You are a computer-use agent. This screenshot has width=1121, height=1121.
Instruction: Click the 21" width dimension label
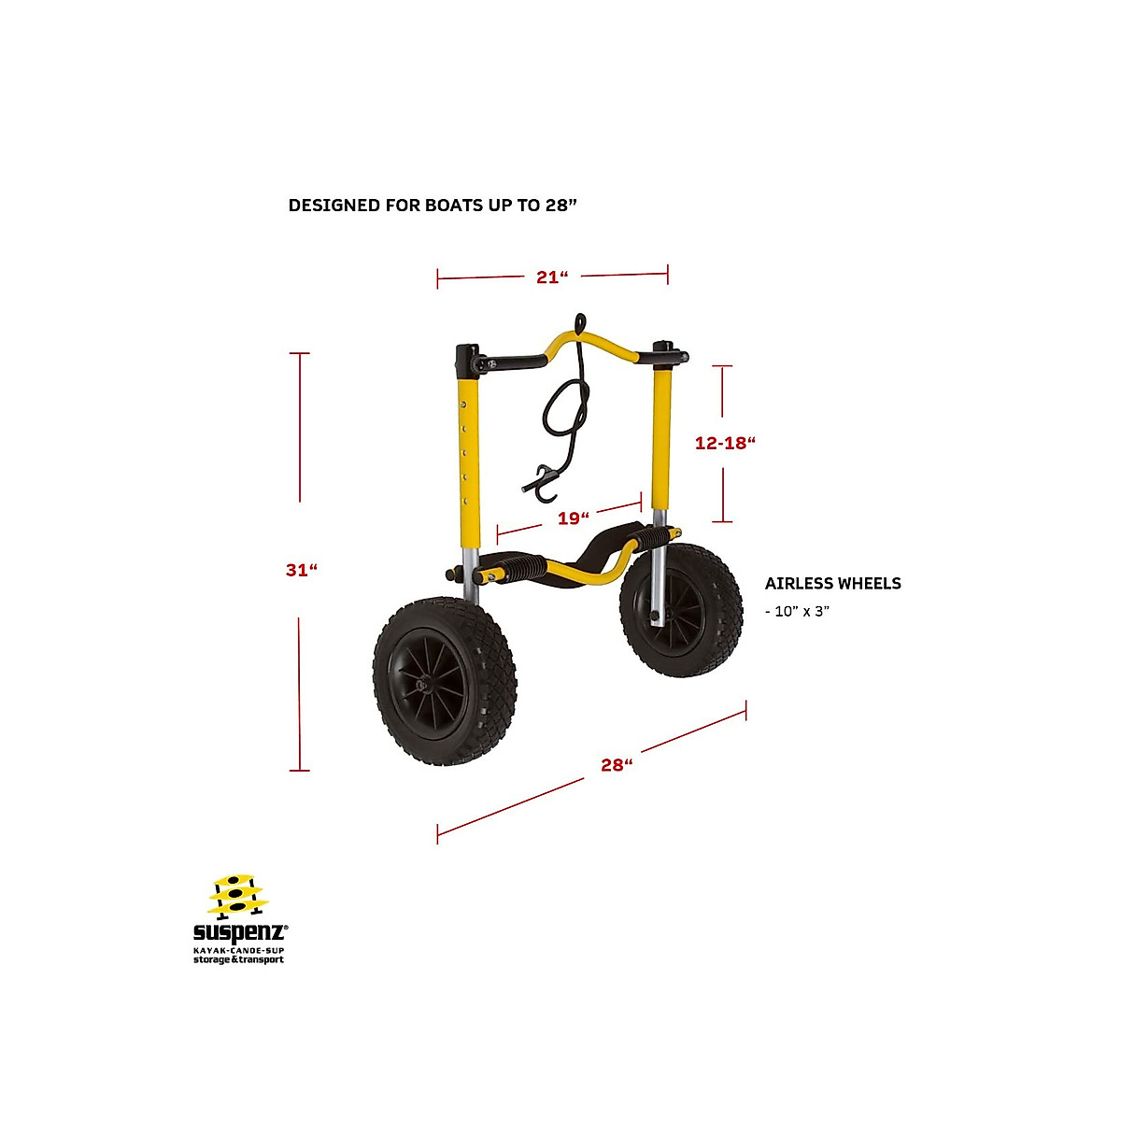pos(552,277)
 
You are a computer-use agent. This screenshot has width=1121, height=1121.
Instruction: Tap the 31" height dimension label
pos(301,569)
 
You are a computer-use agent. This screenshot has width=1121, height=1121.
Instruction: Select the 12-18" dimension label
pos(724,443)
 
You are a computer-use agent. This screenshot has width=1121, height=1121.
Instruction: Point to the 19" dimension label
pos(573,518)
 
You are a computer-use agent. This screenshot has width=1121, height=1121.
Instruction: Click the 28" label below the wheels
pos(616,764)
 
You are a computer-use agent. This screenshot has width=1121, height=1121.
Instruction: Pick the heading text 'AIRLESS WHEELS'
pos(832,584)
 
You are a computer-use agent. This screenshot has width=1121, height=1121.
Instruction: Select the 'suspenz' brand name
pos(239,932)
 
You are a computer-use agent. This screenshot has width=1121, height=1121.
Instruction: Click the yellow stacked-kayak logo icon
pos(237,896)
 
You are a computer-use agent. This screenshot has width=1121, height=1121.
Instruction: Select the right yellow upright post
pos(661,439)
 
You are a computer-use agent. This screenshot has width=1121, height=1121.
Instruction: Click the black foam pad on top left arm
pos(512,361)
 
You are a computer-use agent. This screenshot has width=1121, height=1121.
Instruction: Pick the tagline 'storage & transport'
pos(238,959)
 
